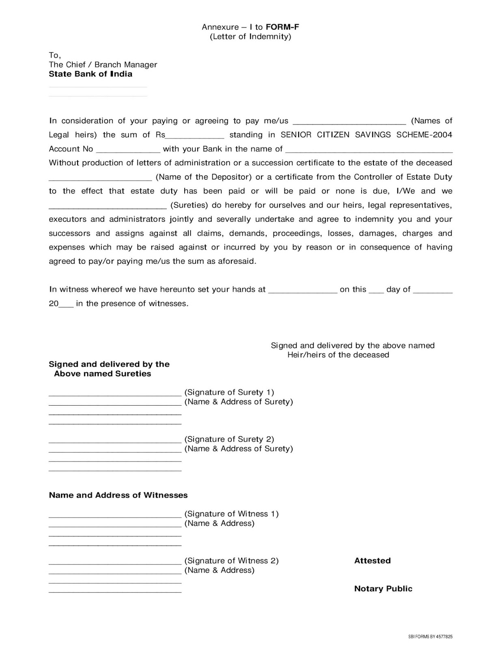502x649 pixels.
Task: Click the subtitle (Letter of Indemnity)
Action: (250, 37)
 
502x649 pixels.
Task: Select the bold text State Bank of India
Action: (90, 74)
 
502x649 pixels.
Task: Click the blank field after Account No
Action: (128, 150)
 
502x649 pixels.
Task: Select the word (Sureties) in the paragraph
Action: (189, 205)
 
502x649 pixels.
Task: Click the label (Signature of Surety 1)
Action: (229, 392)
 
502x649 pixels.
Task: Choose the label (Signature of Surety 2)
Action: (229, 439)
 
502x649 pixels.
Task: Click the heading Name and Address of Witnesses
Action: (118, 495)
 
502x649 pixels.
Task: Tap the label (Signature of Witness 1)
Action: (231, 514)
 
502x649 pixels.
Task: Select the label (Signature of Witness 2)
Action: (231, 561)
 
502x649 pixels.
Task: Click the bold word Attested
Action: (372, 561)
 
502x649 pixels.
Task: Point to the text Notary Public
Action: (383, 589)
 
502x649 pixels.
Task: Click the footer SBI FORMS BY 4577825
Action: (430, 636)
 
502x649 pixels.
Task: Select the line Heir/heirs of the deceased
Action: (338, 355)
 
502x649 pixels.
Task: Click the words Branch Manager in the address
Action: (126, 64)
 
